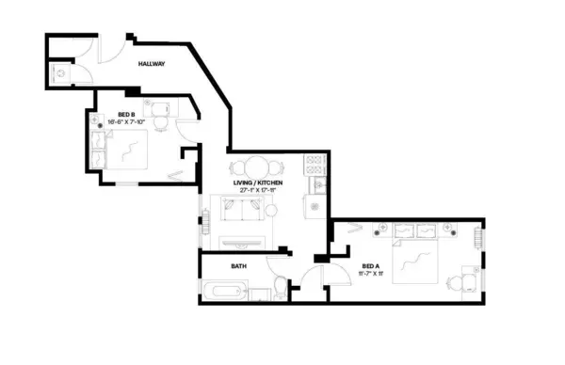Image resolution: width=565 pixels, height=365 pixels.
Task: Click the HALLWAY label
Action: pos(152,64)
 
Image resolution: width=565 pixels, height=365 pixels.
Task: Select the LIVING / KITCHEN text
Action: pos(256,182)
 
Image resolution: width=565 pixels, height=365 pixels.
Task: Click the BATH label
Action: pos(239,266)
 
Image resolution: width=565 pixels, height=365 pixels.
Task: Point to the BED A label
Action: pos(371,267)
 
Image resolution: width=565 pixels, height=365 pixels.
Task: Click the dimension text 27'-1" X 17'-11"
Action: pos(256,190)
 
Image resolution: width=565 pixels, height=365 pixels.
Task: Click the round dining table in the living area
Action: pos(257,166)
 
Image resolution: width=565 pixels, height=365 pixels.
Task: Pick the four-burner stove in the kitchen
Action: pos(314,167)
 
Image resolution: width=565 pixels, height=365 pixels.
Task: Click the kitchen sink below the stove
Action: pos(317,185)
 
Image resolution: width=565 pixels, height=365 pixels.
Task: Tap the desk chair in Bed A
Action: pos(460,279)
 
